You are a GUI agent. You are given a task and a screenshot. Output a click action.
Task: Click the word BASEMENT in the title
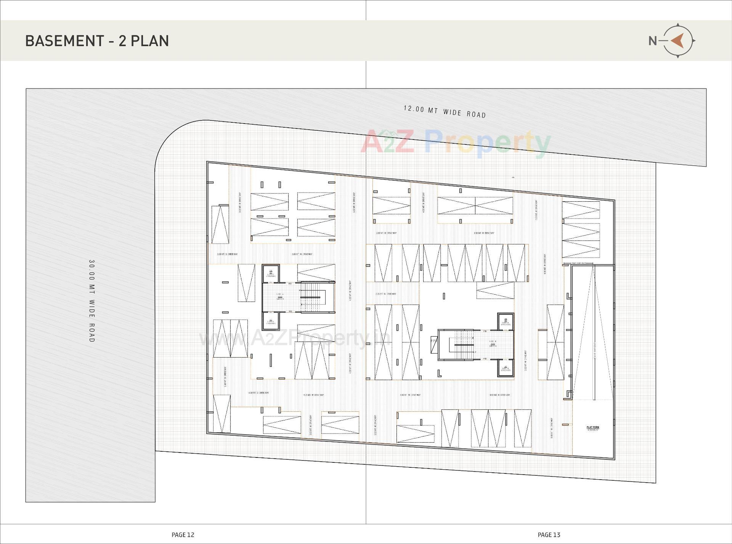[64, 41]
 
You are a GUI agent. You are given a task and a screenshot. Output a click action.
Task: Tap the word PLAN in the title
[150, 41]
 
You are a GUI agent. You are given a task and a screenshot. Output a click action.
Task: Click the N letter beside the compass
[653, 41]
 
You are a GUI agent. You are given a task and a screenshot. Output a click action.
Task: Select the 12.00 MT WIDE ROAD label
[445, 112]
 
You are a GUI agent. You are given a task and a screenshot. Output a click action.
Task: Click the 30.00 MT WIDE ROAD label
[91, 301]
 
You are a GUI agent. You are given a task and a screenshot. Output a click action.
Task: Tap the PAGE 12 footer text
[183, 535]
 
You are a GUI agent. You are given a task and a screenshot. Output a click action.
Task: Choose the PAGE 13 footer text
[549, 535]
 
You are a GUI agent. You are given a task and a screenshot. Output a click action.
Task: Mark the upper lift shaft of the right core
[505, 322]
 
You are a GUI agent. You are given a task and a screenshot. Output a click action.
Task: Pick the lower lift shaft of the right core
[505, 368]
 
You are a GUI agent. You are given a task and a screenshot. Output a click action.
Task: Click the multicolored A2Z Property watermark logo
[456, 142]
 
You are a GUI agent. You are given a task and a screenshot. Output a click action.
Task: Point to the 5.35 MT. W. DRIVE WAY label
[386, 294]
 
